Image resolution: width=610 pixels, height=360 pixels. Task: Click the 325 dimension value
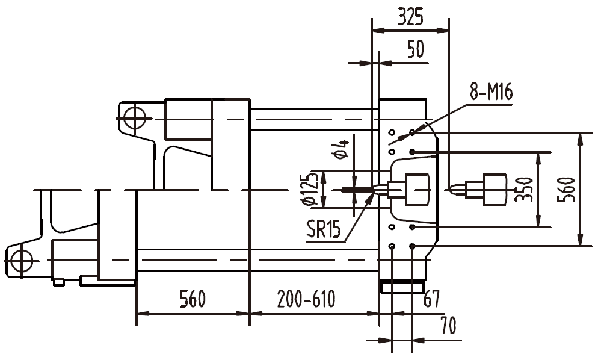(410, 17)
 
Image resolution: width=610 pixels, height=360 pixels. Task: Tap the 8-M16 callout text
(490, 93)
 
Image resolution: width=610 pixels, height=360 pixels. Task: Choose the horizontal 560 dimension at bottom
(192, 299)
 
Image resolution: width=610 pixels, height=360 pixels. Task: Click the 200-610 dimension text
(306, 299)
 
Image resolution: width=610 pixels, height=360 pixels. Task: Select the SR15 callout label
(323, 229)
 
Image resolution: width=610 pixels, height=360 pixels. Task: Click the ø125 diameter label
(311, 190)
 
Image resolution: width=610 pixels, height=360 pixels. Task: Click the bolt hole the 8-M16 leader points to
(412, 132)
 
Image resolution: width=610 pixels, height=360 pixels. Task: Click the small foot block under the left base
(58, 281)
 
